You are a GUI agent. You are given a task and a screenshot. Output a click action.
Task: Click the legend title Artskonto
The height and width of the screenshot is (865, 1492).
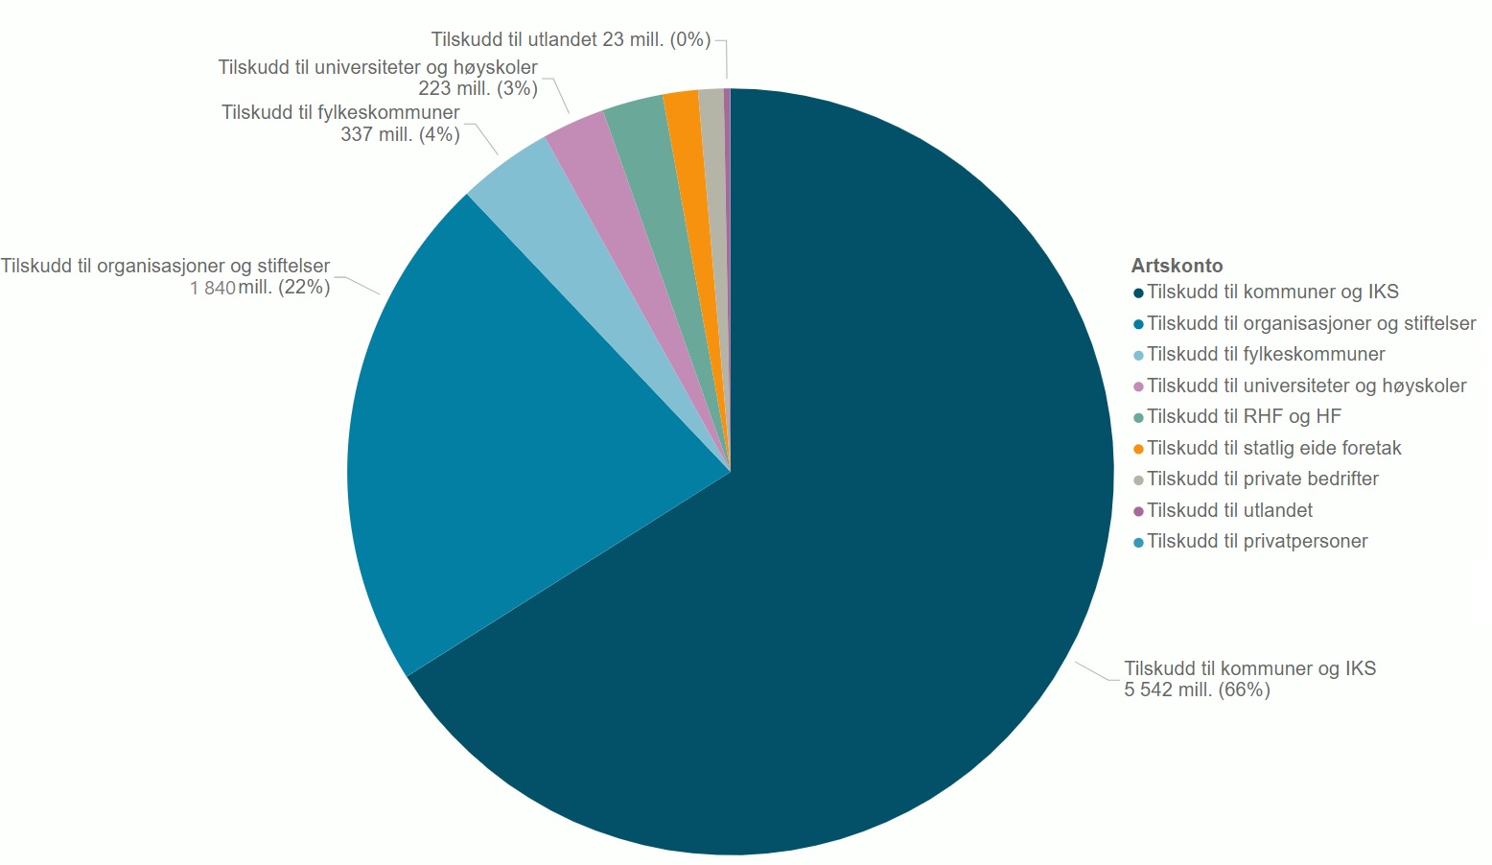coord(1177,266)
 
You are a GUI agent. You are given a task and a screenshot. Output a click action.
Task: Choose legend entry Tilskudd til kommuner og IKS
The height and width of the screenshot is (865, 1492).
coord(1272,292)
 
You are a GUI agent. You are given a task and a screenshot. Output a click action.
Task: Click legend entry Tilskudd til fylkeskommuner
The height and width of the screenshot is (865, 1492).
coord(1266,354)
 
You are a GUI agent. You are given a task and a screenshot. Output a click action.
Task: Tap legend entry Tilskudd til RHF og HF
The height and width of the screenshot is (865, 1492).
coord(1244,416)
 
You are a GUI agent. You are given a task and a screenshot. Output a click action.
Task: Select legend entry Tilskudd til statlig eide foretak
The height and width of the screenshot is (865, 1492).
coord(1273,448)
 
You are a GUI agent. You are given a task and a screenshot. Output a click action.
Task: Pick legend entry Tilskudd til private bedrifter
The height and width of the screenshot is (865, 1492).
coord(1262,479)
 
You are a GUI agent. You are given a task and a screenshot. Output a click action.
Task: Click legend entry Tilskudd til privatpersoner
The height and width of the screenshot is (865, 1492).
coord(1257,541)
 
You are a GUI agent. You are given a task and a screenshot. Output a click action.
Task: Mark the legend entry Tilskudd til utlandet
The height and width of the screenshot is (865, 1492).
coord(1229,510)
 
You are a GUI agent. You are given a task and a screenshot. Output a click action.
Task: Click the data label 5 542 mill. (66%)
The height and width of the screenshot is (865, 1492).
coord(1197,690)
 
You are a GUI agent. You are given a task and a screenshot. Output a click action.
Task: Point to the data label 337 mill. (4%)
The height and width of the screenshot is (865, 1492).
coord(400,134)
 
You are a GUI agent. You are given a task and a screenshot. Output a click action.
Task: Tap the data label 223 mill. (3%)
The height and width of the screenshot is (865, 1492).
coord(478,89)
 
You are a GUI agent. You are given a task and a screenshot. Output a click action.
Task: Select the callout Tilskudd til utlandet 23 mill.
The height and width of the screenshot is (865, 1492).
coord(571,39)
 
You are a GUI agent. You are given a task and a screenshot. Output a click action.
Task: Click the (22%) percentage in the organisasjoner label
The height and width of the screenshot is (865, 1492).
coord(304,287)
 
